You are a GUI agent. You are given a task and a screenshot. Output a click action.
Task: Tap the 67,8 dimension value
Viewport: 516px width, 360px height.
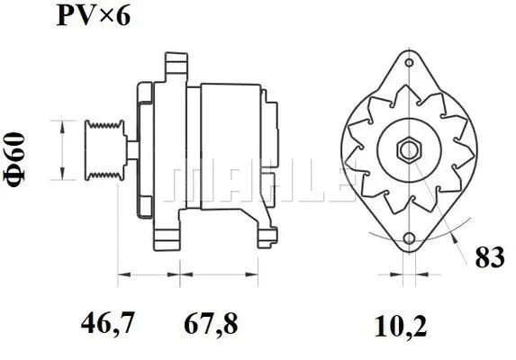(212, 322)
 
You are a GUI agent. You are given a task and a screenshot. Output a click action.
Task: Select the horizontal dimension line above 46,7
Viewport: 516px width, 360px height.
(149, 273)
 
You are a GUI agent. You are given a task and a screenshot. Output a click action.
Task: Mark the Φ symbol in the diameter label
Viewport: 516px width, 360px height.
(18, 177)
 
